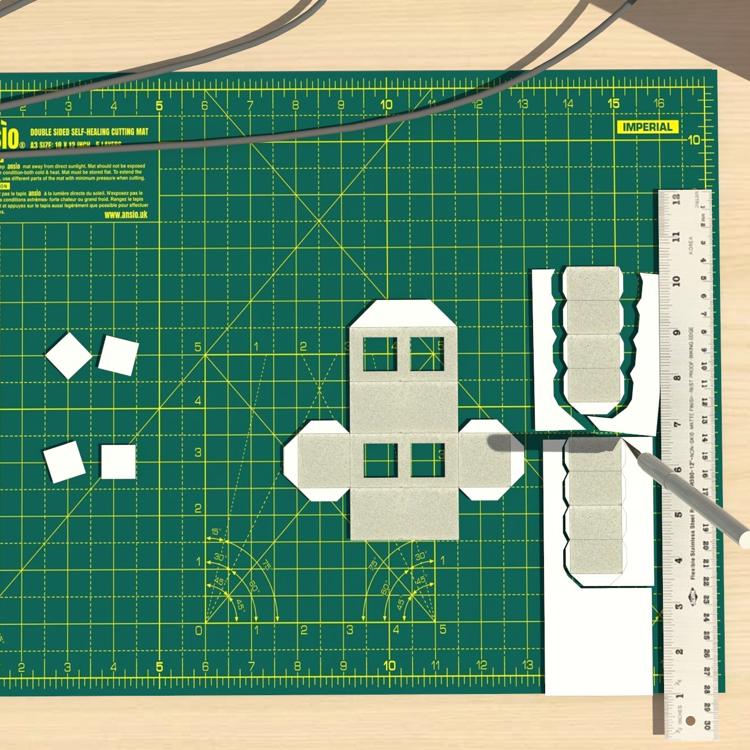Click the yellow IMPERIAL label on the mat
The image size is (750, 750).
pos(647,127)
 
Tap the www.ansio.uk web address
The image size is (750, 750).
pos(126,215)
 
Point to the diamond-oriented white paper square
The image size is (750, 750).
pos(69,355)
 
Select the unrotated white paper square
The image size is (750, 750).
pos(118,462)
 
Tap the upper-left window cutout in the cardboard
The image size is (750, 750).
pos(380,354)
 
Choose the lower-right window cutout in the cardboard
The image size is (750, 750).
pos(427,460)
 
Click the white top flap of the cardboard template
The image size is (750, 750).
pos(403,314)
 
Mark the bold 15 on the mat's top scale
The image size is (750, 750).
pos(613,104)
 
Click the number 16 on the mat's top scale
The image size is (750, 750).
pos(658,104)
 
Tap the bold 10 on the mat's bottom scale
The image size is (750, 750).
pos(389,665)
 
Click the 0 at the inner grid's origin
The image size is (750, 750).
pos(199,630)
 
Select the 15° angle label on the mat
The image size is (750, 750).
pos(216,531)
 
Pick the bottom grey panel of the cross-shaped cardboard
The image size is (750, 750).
pos(404,513)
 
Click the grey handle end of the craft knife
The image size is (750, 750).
pos(744,539)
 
